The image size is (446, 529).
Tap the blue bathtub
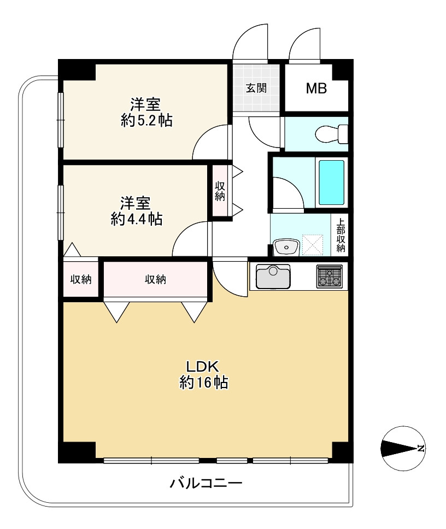[x=331, y=183]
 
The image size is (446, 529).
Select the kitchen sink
[x=273, y=277]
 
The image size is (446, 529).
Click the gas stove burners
[x=329, y=277]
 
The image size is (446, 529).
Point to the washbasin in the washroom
[x=286, y=247]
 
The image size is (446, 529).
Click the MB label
[x=316, y=89]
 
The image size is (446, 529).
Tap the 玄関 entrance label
[x=256, y=88]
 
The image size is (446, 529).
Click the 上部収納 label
[x=341, y=236]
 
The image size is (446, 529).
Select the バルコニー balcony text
[x=206, y=484]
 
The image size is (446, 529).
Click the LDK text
[x=203, y=366]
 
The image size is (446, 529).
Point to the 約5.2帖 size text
[x=147, y=120]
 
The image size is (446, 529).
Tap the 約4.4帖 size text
[x=137, y=219]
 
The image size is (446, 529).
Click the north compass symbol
[x=403, y=448]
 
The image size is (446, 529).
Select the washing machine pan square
[x=313, y=245]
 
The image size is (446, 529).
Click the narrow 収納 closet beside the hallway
[x=220, y=191]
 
